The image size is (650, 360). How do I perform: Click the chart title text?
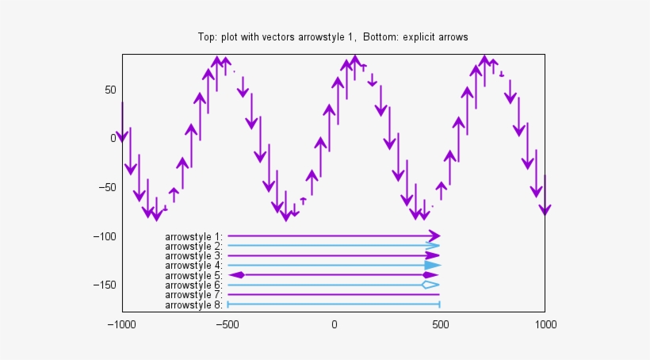click(332, 37)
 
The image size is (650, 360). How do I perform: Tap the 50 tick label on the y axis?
click(110, 90)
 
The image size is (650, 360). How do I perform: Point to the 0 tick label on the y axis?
click(113, 138)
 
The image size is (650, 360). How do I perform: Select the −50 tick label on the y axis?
click(107, 187)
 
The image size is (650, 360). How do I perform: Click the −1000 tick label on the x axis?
click(122, 324)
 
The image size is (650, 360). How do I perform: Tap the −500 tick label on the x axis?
click(227, 324)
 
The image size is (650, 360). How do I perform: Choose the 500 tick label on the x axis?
click(439, 324)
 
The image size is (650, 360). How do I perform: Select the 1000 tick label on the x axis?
click(545, 324)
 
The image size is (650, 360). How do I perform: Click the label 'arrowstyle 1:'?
click(194, 236)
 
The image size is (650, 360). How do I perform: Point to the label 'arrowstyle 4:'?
click(194, 266)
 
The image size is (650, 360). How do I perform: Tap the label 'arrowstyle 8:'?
click(194, 304)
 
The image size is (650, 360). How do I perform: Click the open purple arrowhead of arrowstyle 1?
click(434, 236)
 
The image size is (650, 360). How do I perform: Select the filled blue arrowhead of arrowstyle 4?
click(432, 266)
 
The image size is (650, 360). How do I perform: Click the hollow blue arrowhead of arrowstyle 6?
click(430, 285)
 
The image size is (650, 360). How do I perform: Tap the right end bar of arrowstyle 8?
click(439, 304)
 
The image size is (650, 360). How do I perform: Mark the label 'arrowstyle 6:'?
click(194, 285)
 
